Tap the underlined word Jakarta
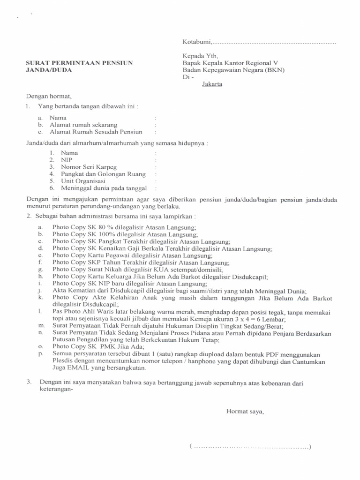click(212, 84)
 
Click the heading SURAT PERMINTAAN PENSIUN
click(79, 62)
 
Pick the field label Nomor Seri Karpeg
click(89, 167)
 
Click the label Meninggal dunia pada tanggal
click(104, 188)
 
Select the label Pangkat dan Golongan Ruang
click(103, 174)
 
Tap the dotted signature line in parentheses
click(250, 447)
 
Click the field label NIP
click(67, 160)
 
